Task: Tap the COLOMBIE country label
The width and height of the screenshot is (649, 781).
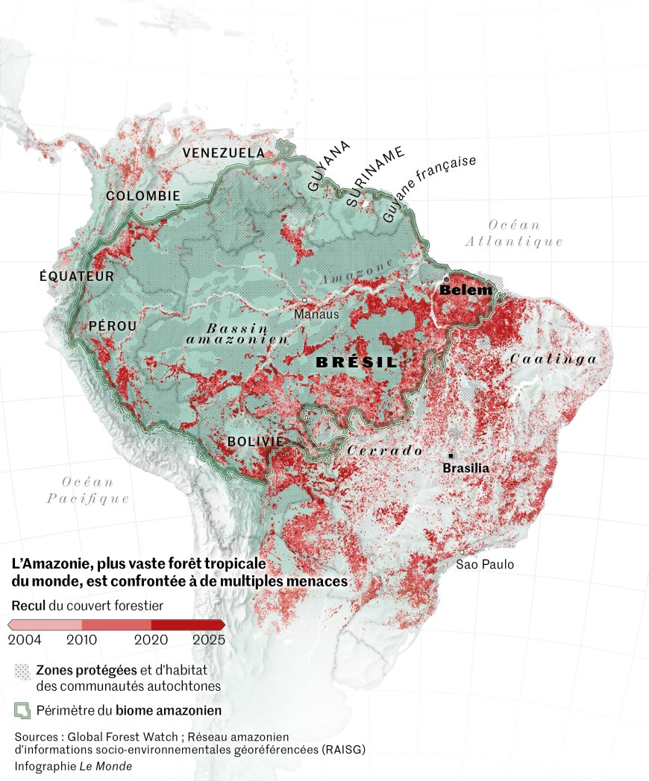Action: (143, 196)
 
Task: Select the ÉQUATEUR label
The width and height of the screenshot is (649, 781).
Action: (77, 276)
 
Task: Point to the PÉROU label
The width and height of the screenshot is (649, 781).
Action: (113, 326)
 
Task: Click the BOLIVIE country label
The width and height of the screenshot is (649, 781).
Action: (255, 442)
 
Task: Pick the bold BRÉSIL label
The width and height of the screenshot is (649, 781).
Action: (357, 362)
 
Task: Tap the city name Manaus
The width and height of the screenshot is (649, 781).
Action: (316, 314)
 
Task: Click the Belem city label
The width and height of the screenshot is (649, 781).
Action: (465, 290)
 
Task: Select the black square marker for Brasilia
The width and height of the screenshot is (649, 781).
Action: (451, 455)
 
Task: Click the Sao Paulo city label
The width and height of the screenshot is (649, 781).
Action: (485, 565)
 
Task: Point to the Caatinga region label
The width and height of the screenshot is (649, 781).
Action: (554, 359)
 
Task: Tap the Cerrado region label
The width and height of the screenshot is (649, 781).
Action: (385, 451)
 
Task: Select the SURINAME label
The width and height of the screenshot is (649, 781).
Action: (375, 177)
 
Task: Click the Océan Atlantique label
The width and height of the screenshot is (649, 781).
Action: (514, 233)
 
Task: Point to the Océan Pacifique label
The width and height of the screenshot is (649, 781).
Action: (88, 490)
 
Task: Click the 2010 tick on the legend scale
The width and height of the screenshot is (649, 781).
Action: (82, 639)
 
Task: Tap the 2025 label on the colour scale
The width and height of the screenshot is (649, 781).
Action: (208, 639)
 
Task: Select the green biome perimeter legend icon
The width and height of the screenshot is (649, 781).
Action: (23, 710)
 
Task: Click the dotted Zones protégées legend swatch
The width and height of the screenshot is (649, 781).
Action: (23, 671)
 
